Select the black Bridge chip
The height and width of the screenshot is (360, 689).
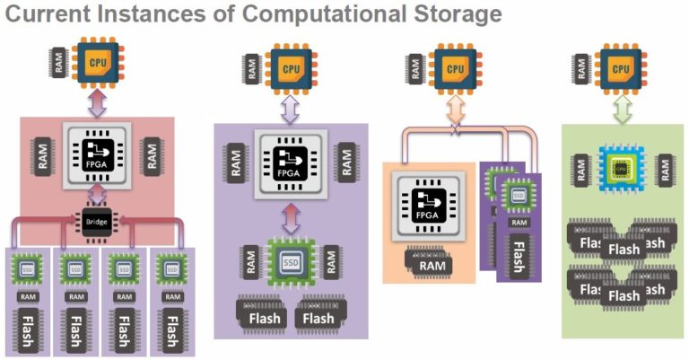pyautogui.click(x=95, y=220)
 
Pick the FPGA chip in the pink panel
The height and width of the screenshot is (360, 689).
pyautogui.click(x=95, y=153)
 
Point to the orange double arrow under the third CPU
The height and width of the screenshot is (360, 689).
pyautogui.click(x=455, y=110)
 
